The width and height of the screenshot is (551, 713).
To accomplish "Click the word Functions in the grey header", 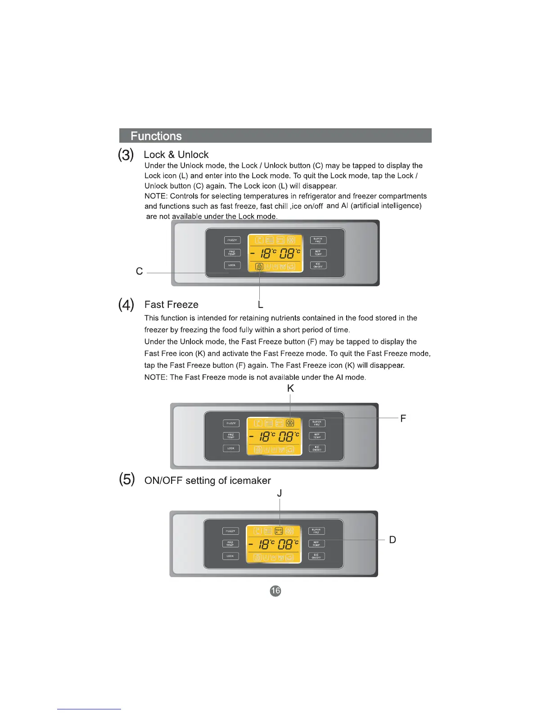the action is (x=156, y=136).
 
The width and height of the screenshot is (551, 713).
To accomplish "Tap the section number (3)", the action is (x=126, y=155).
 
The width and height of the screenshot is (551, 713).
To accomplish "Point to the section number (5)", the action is (x=126, y=479).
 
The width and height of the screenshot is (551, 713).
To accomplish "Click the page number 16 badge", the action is (x=275, y=591).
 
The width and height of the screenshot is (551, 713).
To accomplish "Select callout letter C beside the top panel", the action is (x=139, y=271).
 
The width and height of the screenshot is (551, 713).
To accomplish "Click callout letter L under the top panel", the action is (x=260, y=305).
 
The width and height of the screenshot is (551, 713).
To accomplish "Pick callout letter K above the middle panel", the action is (x=290, y=388).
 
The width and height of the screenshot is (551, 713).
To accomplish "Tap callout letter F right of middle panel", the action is (x=403, y=419).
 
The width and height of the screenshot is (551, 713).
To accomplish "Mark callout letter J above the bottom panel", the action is (x=280, y=493).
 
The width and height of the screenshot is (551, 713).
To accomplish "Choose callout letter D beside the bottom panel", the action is (x=393, y=540).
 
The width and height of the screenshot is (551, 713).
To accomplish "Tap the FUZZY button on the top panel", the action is (x=232, y=240).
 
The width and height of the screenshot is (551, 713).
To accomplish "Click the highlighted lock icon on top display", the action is (x=259, y=266).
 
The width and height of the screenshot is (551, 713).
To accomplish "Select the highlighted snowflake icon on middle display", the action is (x=290, y=423).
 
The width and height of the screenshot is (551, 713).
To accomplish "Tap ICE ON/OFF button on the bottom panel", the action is (x=316, y=556).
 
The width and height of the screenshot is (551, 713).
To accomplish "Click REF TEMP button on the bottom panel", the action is (x=316, y=544).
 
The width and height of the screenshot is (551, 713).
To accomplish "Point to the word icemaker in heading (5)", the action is (x=250, y=481).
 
